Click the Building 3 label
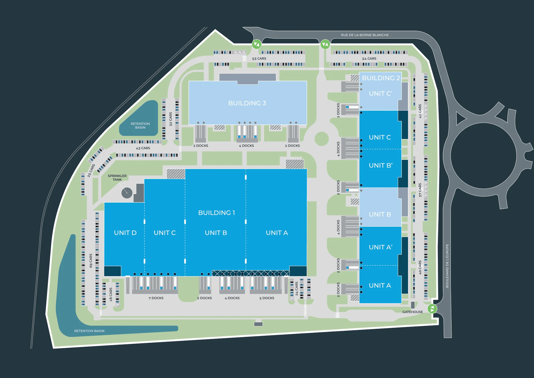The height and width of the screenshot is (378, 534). tap(247, 103)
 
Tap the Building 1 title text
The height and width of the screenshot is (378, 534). tap(217, 213)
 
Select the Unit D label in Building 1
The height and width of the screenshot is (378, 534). tap(125, 233)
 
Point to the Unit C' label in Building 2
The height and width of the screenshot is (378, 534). tap(380, 94)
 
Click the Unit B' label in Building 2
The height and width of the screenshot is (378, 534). tap(380, 165)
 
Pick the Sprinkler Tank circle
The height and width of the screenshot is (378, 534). tap(127, 193)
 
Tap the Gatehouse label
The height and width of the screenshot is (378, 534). tap(413, 312)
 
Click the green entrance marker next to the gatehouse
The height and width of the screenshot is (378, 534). tap(432, 309)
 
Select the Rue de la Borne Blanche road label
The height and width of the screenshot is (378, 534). tap(365, 35)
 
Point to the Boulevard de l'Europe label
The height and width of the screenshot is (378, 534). tap(447, 266)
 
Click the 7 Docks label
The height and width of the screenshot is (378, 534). tap(156, 298)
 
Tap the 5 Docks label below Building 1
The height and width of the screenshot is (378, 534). tap(267, 298)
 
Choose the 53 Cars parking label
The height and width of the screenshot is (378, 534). tap(259, 59)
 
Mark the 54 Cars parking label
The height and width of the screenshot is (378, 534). tap(369, 59)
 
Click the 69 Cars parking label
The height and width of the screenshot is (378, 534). tap(91, 261)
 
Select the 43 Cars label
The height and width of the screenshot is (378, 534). tap(143, 148)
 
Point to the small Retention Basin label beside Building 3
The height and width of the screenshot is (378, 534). tap(140, 126)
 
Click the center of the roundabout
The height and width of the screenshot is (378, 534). tap(484, 156)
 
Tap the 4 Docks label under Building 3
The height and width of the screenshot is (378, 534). tap(246, 146)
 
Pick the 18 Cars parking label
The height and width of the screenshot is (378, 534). tap(111, 295)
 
